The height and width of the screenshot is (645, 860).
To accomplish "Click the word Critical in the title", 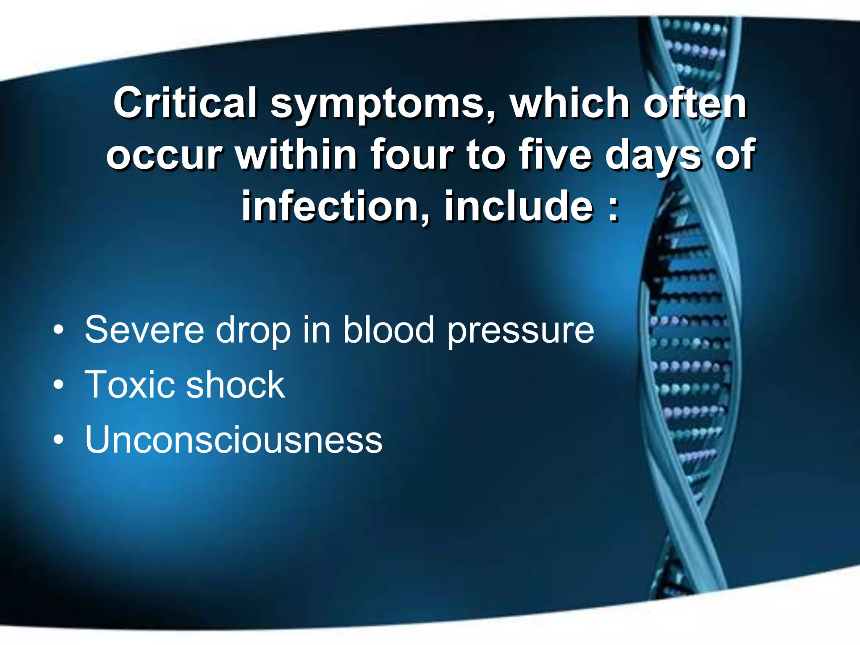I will pyautogui.click(x=185, y=103).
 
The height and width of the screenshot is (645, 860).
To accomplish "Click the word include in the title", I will pyautogui.click(x=519, y=206).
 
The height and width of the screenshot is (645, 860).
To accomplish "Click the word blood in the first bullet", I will pyautogui.click(x=388, y=330).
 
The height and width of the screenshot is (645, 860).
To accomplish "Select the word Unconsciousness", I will pyautogui.click(x=233, y=440).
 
